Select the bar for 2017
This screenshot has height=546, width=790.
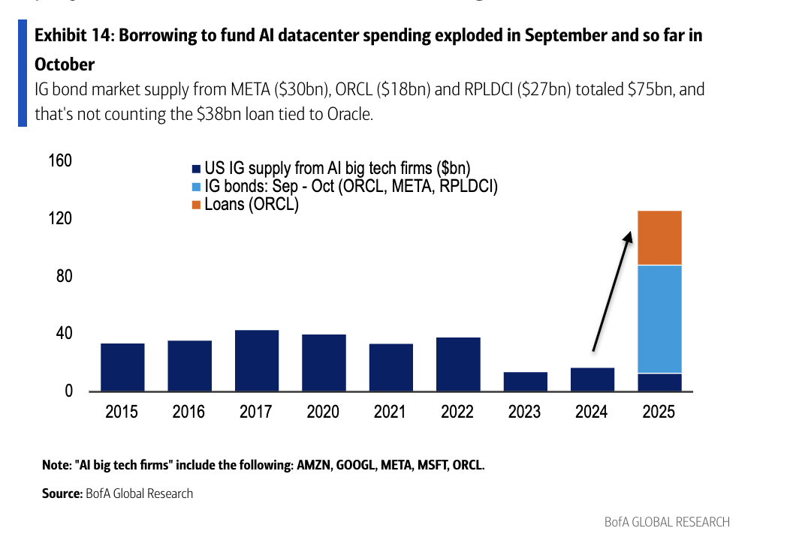(256, 361)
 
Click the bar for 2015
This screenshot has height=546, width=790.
(122, 367)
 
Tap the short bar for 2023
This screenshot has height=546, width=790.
(525, 382)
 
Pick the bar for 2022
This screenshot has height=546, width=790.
(458, 364)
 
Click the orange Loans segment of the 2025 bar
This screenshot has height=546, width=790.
(659, 238)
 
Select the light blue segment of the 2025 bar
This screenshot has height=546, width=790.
(659, 319)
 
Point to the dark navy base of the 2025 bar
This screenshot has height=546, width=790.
(659, 382)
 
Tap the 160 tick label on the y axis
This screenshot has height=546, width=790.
(59, 161)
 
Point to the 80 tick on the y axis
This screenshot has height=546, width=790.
(63, 276)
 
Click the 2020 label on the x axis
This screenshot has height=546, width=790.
(323, 412)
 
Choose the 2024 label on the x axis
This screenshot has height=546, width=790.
(592, 412)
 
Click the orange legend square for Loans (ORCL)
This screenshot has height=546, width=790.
(197, 205)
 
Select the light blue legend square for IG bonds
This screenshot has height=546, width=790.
(197, 187)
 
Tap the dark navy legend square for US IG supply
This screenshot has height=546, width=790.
(197, 169)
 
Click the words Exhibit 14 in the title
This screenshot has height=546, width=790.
(71, 35)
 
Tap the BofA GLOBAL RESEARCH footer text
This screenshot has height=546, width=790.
(666, 522)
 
